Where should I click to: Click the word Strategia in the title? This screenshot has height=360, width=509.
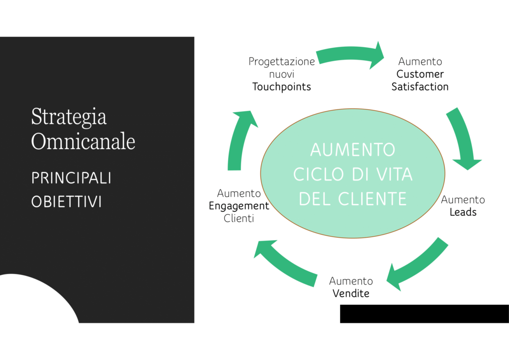click(69, 117)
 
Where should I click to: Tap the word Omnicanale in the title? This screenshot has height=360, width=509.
click(83, 141)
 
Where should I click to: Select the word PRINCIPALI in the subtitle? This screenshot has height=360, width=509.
click(72, 178)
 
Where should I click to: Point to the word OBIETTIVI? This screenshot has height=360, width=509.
click(67, 201)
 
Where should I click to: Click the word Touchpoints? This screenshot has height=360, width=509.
click(281, 87)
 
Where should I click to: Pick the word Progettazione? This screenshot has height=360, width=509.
click(282, 62)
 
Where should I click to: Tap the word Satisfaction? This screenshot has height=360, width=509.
click(420, 87)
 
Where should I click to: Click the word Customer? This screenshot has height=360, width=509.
click(420, 74)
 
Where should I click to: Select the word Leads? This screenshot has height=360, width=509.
click(463, 212)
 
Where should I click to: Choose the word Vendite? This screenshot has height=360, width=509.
click(351, 293)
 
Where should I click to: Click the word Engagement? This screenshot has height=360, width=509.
click(239, 206)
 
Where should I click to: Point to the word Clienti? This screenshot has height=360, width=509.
click(239, 218)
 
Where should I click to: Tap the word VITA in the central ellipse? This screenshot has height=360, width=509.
click(394, 175)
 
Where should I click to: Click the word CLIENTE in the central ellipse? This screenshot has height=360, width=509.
click(372, 199)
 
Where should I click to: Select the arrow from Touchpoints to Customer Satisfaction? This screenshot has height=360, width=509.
click(350, 54)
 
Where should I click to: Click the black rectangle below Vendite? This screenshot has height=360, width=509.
click(424, 314)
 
